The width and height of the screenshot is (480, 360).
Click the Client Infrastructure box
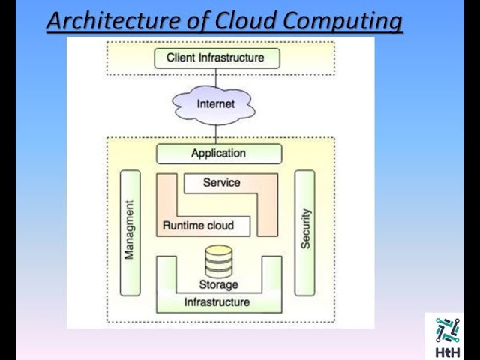pyautogui.click(x=215, y=58)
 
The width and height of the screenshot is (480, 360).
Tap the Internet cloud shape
pyautogui.click(x=216, y=104)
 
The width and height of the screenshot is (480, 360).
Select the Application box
pyautogui.click(x=218, y=154)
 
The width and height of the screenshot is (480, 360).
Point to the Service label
pyautogui.click(x=221, y=182)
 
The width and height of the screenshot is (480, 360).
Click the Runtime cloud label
pyautogui.click(x=198, y=225)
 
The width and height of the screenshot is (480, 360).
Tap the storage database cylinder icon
pyautogui.click(x=218, y=262)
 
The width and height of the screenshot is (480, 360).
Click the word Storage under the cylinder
pyautogui.click(x=218, y=284)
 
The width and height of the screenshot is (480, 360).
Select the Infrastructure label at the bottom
pyautogui.click(x=217, y=302)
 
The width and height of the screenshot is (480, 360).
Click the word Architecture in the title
pyautogui.click(x=118, y=20)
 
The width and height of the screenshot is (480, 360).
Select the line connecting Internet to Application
pyautogui.click(x=216, y=133)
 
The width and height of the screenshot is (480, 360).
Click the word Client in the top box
pyautogui.click(x=181, y=58)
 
